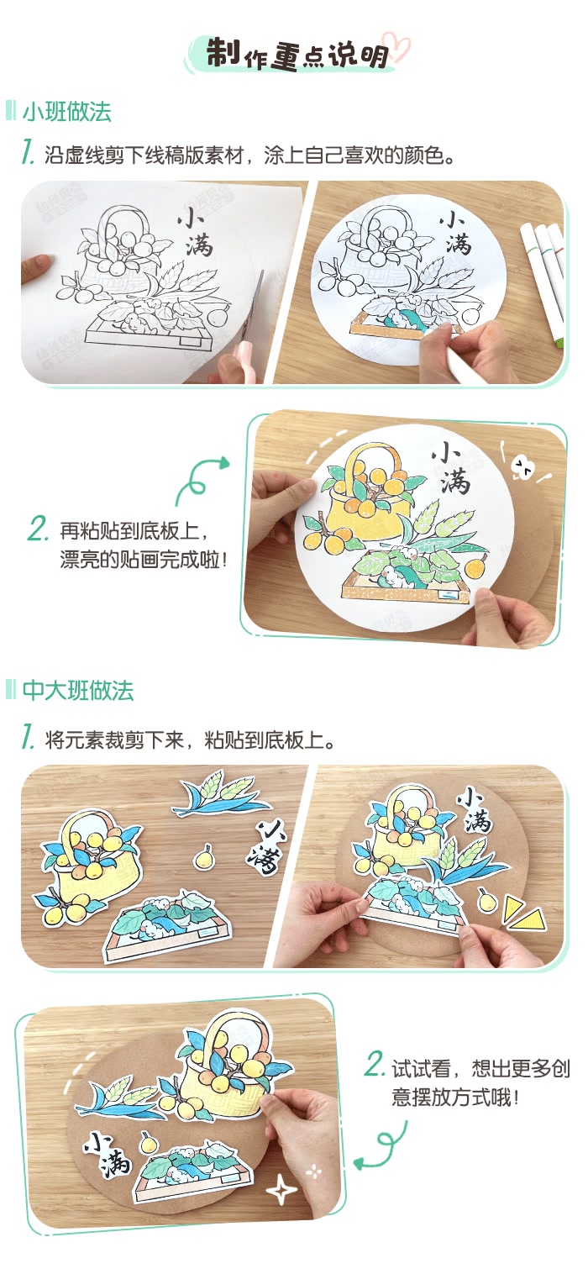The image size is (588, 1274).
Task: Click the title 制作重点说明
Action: point(297,53)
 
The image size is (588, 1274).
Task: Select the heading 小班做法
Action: point(67,112)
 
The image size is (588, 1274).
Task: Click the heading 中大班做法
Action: point(78,691)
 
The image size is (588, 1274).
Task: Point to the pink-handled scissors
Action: point(248,336)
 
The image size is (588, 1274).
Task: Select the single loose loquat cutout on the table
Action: point(202,857)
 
